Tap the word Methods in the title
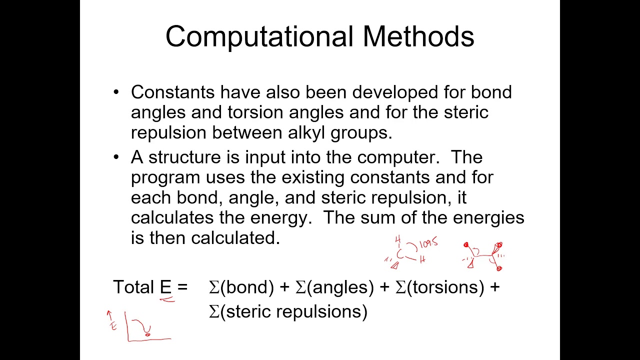[418, 37]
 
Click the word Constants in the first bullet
[173, 92]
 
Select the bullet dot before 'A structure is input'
[116, 157]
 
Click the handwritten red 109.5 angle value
[428, 243]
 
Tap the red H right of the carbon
[422, 259]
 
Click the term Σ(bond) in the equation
[241, 287]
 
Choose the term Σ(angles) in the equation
[334, 287]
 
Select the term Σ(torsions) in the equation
[440, 287]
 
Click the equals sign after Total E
[182, 287]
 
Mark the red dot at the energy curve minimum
[147, 334]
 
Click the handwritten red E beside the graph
[113, 326]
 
